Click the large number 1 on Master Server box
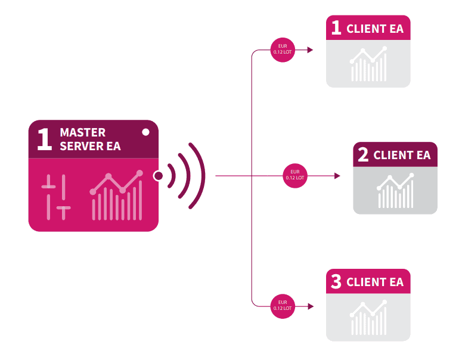[x=45, y=139]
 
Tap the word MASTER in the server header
[x=82, y=132]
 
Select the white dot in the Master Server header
[x=145, y=132]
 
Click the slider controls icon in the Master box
[x=56, y=197]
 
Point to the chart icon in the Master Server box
[x=116, y=195]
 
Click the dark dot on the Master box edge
[x=159, y=176]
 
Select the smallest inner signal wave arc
[x=173, y=176]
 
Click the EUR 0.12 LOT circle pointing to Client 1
[x=283, y=49]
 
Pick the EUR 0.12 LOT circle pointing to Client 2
[x=295, y=176]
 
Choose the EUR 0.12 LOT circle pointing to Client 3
[x=283, y=306]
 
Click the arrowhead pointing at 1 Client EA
[x=311, y=50]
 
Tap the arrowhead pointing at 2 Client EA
[x=337, y=176]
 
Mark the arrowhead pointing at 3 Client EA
[x=311, y=306]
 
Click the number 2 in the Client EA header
[x=363, y=154]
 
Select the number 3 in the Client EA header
[x=336, y=281]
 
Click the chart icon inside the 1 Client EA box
[x=368, y=64]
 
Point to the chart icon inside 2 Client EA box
[x=395, y=191]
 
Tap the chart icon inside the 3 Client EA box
[x=368, y=318]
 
